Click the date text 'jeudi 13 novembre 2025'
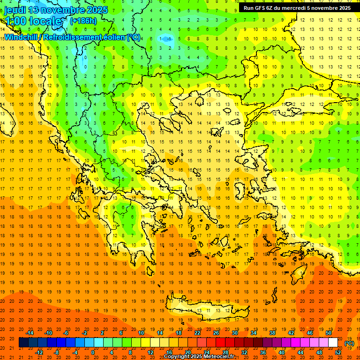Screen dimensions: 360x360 point(56,10)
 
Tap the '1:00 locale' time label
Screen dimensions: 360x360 point(34,21)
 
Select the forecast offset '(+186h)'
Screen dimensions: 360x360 point(83,21)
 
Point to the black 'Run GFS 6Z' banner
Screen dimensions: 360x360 point(297,8)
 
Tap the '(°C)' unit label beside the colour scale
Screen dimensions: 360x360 point(349,343)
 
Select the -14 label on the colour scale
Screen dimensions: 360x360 point(30,333)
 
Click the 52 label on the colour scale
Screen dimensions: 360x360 point(338,352)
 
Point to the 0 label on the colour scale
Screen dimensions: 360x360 point(93,352)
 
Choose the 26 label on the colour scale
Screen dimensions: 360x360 point(216,333)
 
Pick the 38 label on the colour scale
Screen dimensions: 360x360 point(272,333)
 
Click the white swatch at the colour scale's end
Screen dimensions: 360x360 point(333,343)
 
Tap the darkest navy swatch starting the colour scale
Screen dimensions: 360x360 point(23,343)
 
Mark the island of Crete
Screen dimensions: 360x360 point(206,310)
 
